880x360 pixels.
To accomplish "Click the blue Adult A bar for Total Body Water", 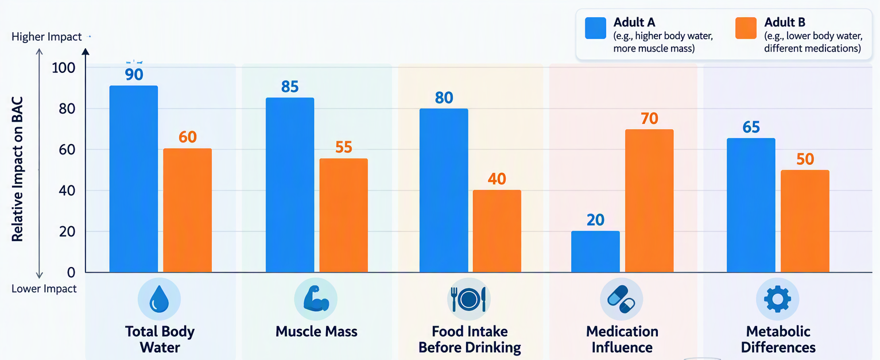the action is (134, 179).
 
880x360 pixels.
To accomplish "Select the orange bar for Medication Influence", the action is (649, 201).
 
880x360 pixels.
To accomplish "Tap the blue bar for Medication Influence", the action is (596, 251).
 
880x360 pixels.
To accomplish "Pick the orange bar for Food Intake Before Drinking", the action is (497, 231).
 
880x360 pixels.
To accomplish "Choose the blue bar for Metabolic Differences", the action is (751, 205).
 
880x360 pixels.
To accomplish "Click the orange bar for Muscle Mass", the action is (344, 215).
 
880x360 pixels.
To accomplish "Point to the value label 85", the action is (290, 87).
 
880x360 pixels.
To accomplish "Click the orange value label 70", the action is (649, 118).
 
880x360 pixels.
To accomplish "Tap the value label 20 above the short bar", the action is (596, 220).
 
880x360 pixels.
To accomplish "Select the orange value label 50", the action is (805, 159).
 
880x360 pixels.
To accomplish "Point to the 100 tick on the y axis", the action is (63, 68).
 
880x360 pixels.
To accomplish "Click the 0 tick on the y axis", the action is (71, 272).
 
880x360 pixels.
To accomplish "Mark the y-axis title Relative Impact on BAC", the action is (17, 169).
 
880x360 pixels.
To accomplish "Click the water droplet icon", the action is (159, 299).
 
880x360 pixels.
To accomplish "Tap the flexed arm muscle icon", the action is (316, 299).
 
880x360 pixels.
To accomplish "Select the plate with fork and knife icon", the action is (468, 300).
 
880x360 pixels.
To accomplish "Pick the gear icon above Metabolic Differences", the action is (777, 299).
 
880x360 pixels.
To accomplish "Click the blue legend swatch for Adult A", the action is (596, 28).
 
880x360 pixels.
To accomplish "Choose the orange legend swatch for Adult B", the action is (746, 28).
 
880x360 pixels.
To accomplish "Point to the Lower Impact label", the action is (44, 289).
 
